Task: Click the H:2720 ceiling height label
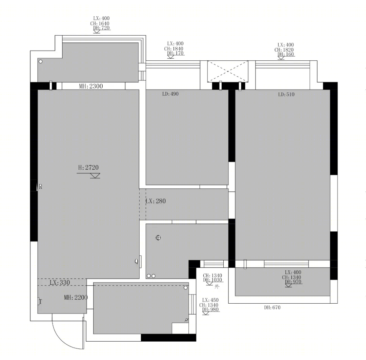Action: click(88, 168)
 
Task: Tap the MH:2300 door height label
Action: click(91, 86)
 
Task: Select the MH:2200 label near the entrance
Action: click(76, 297)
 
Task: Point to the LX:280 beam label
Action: click(156, 201)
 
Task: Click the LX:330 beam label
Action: click(60, 282)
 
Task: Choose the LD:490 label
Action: click(170, 94)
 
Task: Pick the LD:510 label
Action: click(286, 94)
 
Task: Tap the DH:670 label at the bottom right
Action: click(272, 308)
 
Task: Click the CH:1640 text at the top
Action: click(100, 23)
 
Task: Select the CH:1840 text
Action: click(174, 49)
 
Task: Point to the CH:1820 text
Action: click(284, 50)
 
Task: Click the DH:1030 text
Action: click(212, 280)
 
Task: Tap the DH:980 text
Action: click(210, 309)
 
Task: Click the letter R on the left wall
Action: click(41, 187)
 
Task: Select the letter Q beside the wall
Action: click(136, 262)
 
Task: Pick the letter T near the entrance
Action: click(41, 302)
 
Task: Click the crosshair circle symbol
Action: click(158, 238)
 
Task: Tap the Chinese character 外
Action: click(217, 287)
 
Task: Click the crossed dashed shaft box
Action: click(228, 71)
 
